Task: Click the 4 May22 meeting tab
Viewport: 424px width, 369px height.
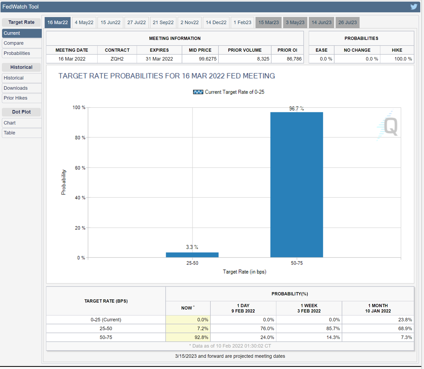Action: point(84,22)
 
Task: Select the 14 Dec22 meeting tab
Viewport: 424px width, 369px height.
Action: point(216,22)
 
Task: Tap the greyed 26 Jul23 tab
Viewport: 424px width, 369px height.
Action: point(347,22)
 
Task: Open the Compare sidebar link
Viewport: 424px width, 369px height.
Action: point(14,43)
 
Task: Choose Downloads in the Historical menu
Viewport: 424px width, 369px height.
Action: point(16,88)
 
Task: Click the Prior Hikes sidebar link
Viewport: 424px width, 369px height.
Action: point(16,98)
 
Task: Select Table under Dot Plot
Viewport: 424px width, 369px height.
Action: point(9,133)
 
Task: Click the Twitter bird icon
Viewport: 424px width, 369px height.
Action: point(414,7)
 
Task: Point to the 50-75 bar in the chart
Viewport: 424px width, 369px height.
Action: point(296,185)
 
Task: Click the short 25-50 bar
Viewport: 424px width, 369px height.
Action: point(192,255)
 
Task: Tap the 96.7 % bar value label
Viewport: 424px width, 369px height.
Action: point(296,108)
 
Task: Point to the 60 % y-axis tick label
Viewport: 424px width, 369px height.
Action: point(80,168)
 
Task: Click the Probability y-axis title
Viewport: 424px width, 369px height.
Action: point(64,182)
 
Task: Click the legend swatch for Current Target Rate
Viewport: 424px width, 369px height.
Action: point(198,92)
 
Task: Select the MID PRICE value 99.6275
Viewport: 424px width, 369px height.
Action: point(207,59)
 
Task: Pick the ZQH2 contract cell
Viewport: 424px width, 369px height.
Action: point(117,59)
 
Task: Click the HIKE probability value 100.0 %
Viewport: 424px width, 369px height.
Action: point(403,59)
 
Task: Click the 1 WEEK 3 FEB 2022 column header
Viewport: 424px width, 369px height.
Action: point(309,308)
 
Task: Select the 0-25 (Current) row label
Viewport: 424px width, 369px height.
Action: point(106,320)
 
